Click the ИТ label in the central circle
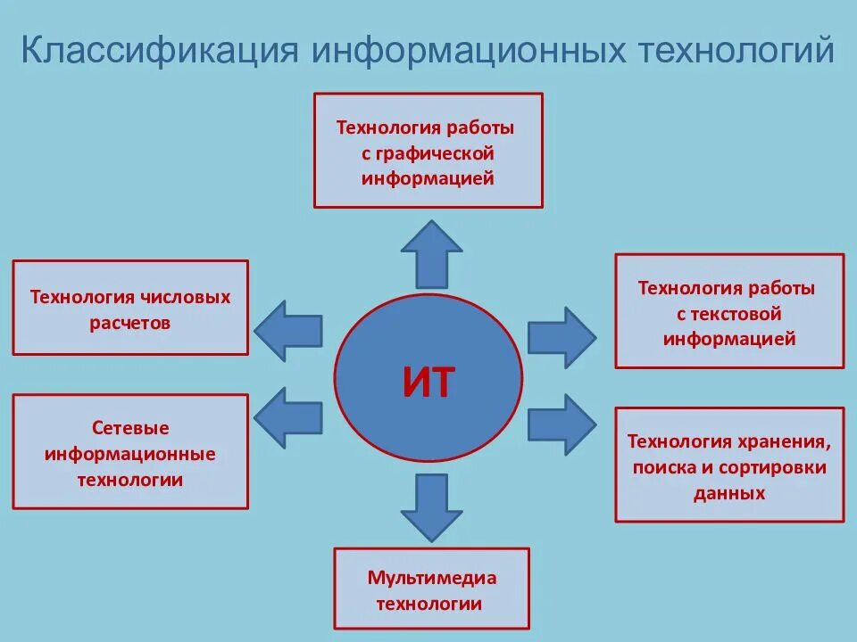[428, 383]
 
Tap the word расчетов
[129, 323]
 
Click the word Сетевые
[130, 428]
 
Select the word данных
[729, 493]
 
